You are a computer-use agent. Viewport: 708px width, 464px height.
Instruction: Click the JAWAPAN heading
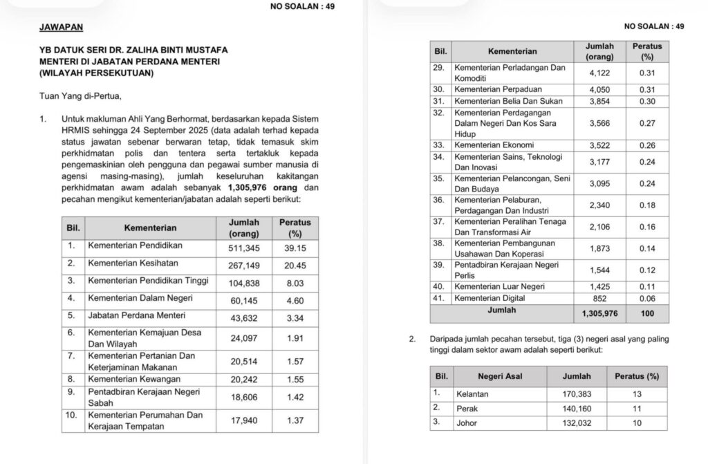[x=61, y=27]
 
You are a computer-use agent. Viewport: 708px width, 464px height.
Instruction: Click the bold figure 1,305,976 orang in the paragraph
[x=264, y=187]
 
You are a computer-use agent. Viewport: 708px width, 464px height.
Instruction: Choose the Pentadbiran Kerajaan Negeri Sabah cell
[x=144, y=397]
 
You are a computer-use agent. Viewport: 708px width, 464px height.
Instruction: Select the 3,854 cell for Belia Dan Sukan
[x=599, y=101]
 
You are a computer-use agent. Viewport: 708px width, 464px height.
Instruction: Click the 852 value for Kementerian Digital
[x=599, y=298]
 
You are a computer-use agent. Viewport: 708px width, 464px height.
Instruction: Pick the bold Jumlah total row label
[x=501, y=311]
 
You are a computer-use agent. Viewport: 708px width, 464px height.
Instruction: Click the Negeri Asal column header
[x=499, y=376]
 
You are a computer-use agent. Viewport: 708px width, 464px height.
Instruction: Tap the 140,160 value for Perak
[x=577, y=408]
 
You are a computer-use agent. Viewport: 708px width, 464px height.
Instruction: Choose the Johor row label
[x=467, y=423]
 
